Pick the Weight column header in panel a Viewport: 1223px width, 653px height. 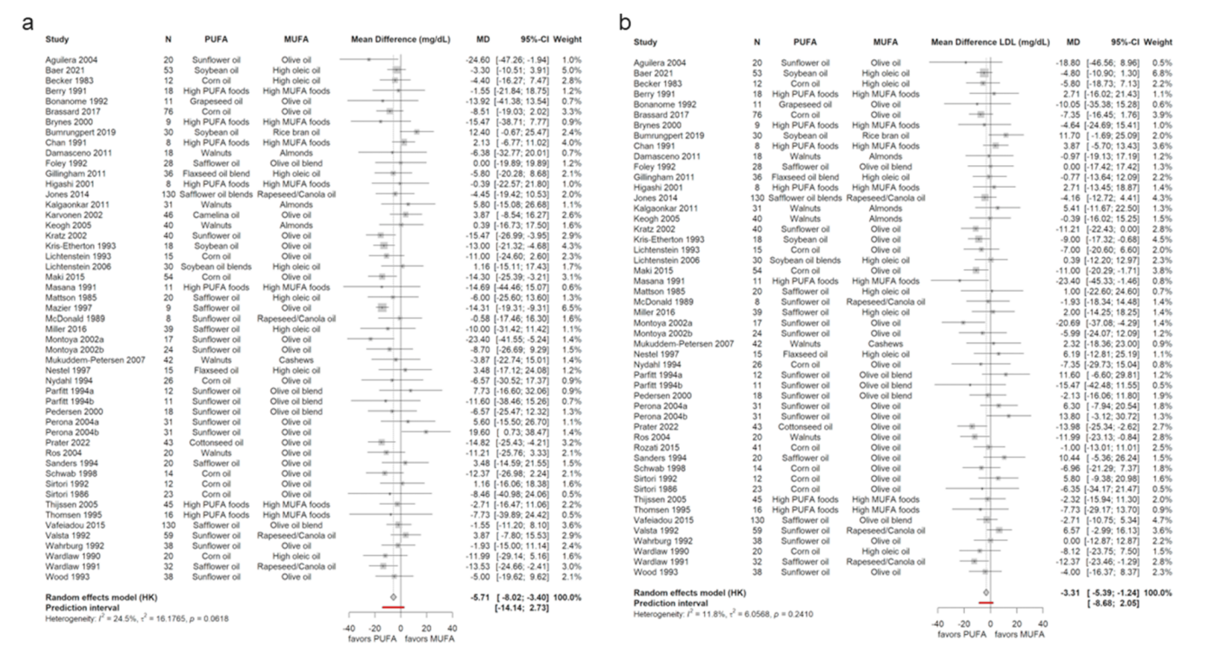click(569, 39)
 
